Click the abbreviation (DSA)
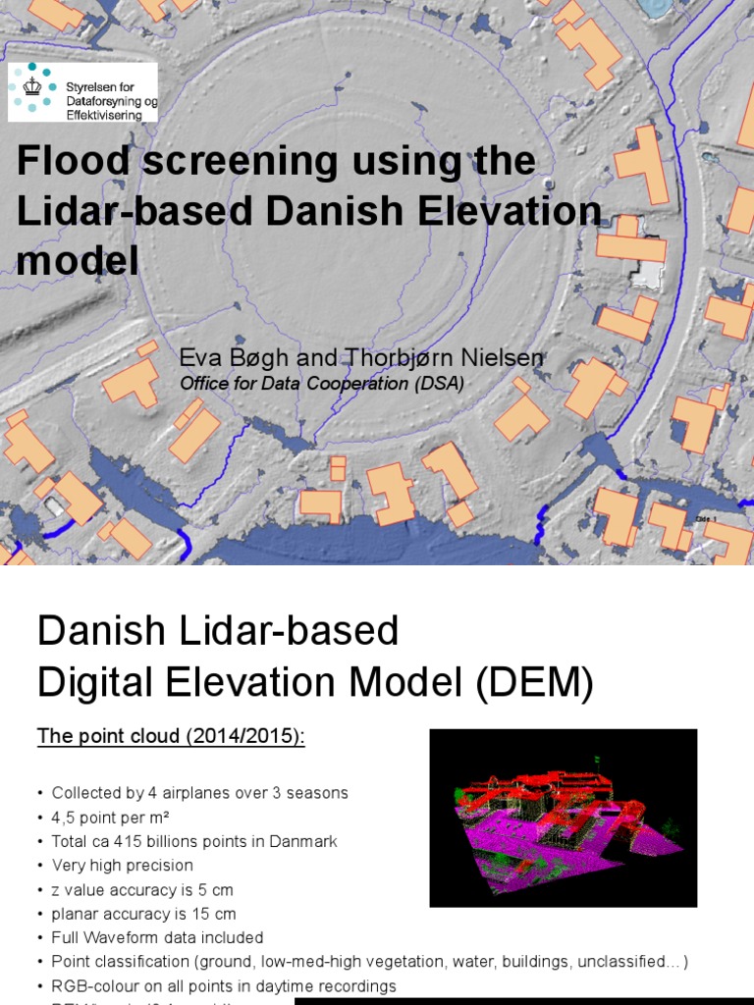click(x=436, y=384)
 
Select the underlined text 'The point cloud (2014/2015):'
click(x=171, y=736)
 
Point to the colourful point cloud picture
click(x=563, y=818)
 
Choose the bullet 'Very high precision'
click(x=122, y=866)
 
